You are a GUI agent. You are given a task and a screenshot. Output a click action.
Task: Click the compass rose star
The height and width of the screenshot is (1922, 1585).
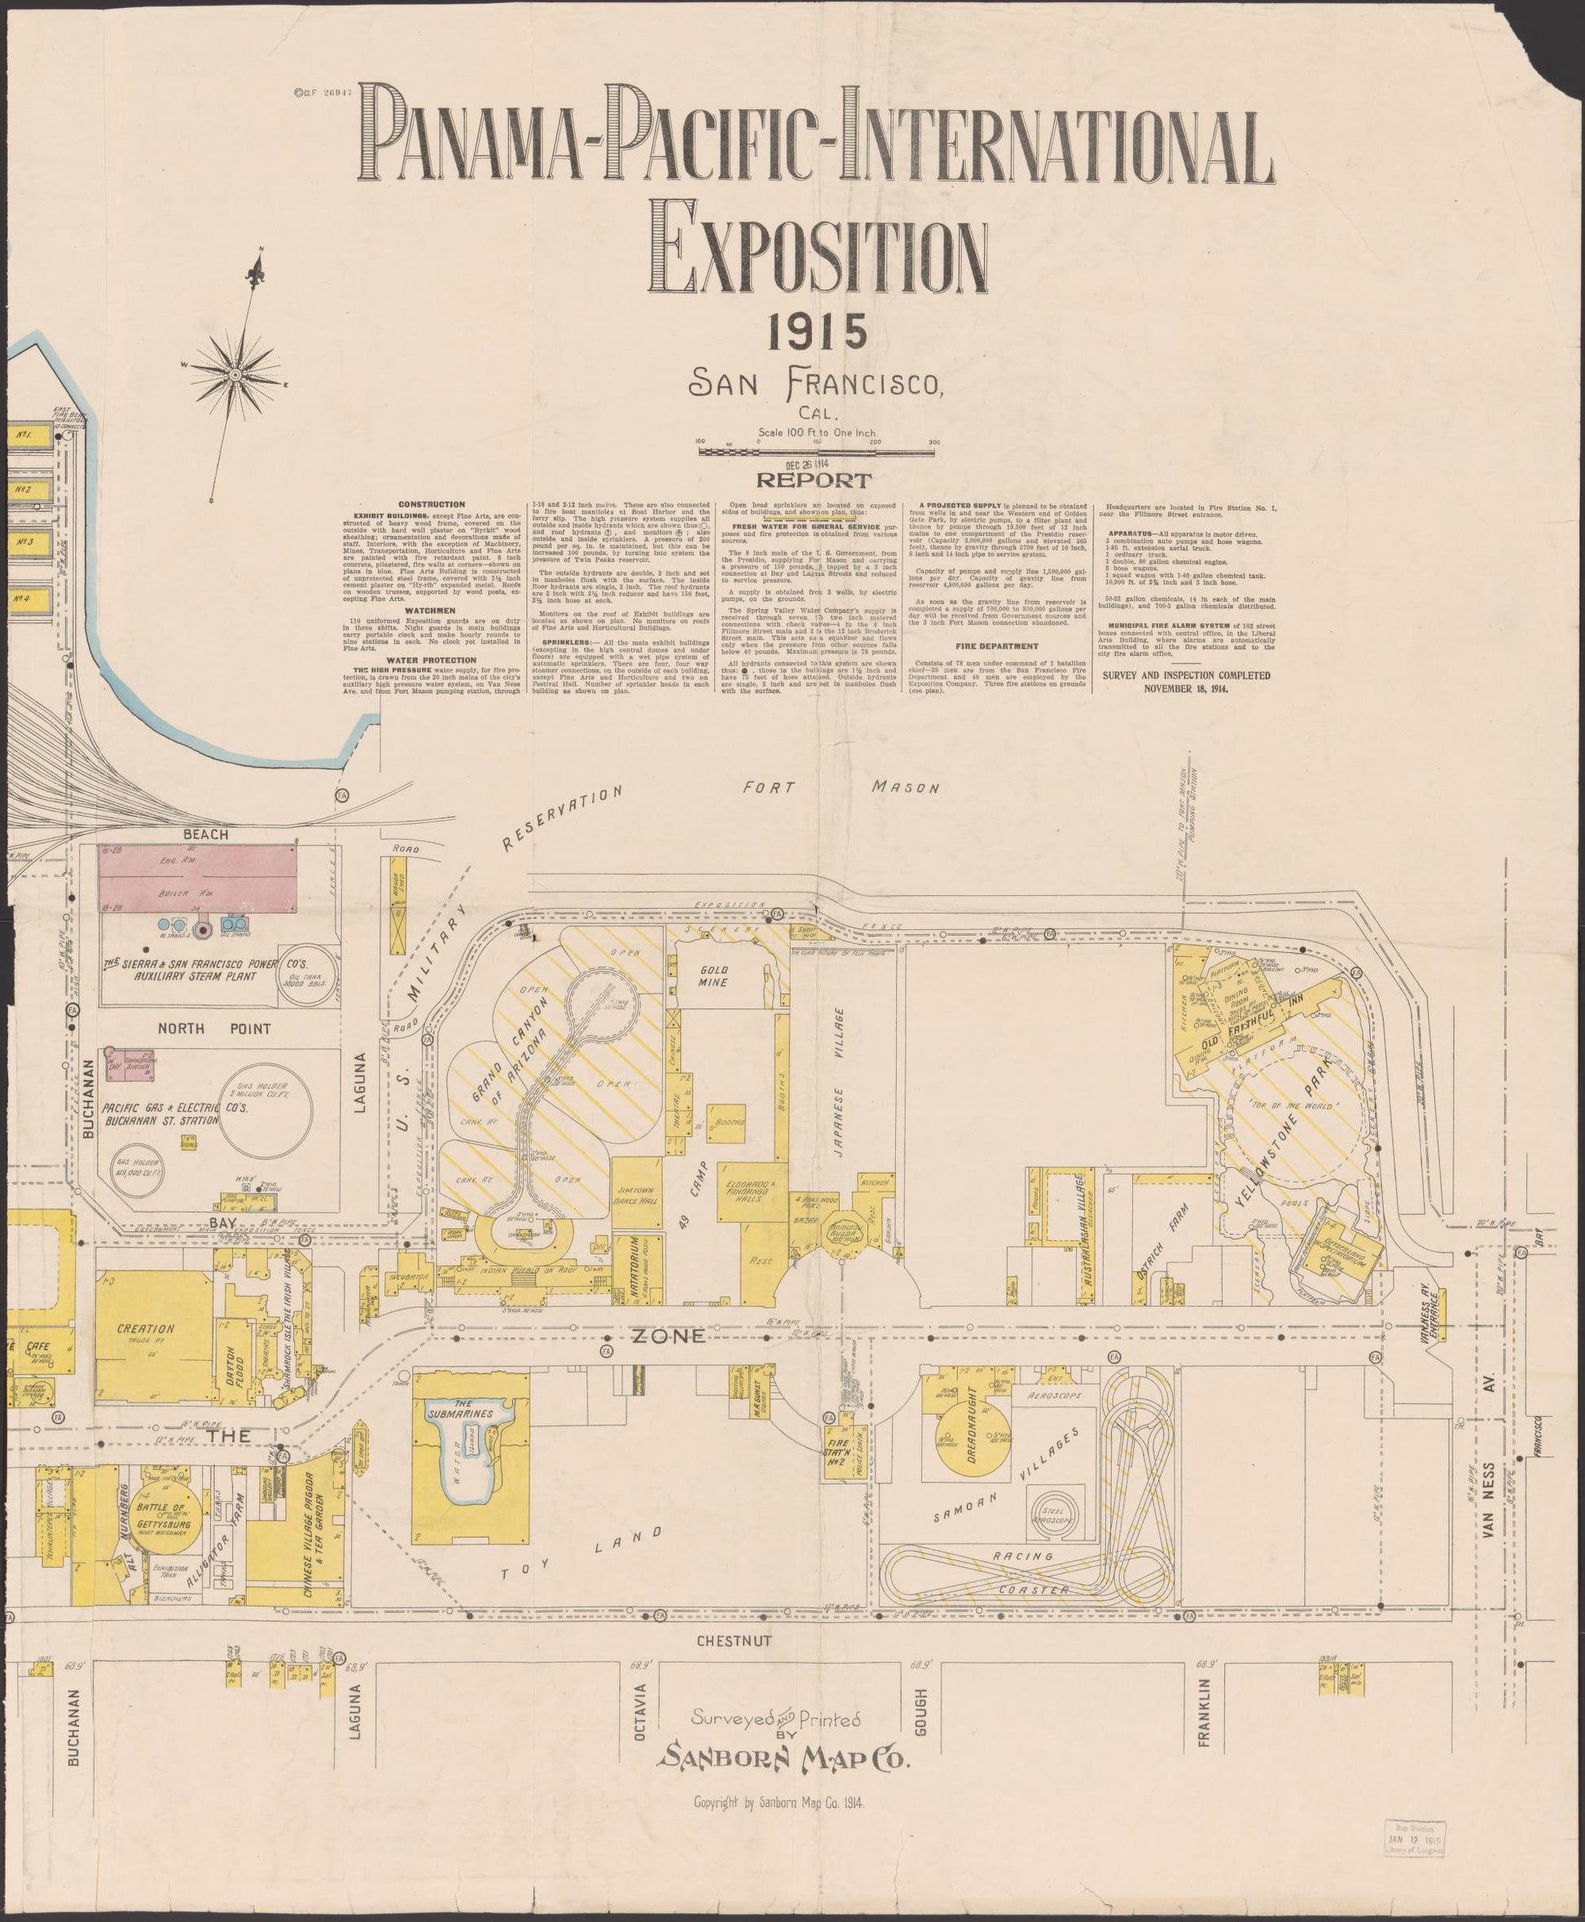point(235,375)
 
